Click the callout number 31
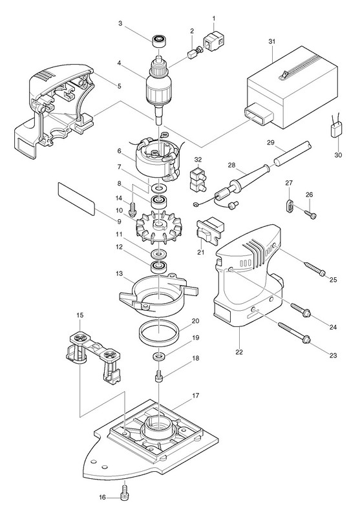tap(271, 41)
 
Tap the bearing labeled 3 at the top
tap(159, 41)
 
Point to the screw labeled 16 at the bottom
tap(125, 496)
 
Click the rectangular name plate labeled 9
tap(76, 199)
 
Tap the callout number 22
tap(239, 352)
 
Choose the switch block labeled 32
tap(198, 180)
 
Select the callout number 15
tap(80, 315)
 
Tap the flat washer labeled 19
tap(159, 357)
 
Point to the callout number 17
tap(195, 396)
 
